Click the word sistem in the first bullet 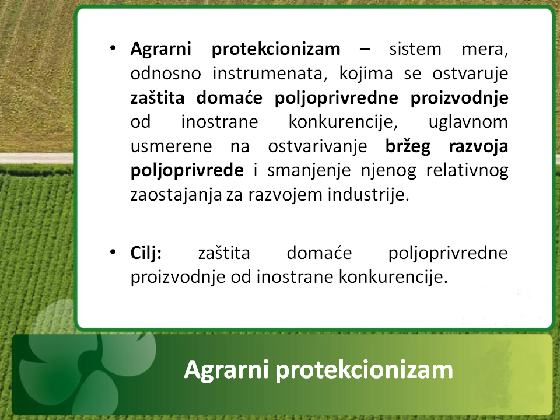(415, 49)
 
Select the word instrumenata (269, 73)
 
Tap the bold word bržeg (408, 147)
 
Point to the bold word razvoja (478, 147)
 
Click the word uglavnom (468, 122)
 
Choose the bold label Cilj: (146, 253)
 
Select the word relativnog (467, 171)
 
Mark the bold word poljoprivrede (187, 171)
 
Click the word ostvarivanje (317, 147)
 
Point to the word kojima (366, 73)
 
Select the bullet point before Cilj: (113, 253)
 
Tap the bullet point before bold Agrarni (113, 48)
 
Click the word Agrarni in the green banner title (226, 370)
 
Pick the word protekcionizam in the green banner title (364, 370)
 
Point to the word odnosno (166, 73)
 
